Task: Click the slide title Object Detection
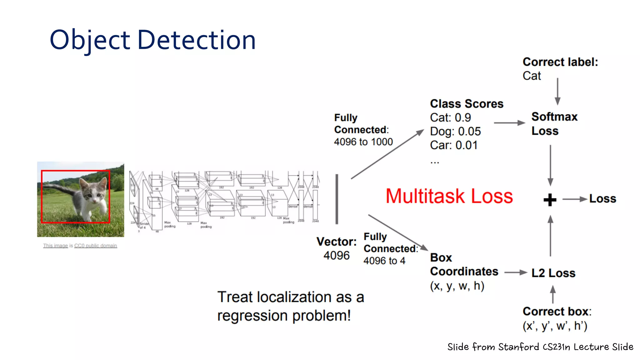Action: [152, 40]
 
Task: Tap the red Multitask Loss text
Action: [449, 196]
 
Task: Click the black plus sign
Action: [550, 200]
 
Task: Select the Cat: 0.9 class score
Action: [450, 118]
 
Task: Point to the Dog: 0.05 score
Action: [455, 132]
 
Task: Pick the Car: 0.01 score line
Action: [454, 145]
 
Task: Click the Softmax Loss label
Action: [554, 124]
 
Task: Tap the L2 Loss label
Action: [553, 273]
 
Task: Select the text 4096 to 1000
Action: [363, 142]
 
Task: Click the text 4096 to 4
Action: [384, 261]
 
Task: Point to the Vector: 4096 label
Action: [336, 248]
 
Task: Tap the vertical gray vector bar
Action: [337, 199]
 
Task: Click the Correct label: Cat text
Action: [560, 69]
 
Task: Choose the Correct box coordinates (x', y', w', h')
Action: [555, 326]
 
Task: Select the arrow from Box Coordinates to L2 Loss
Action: [516, 272]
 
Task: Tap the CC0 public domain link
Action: [96, 246]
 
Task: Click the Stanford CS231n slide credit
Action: [540, 347]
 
